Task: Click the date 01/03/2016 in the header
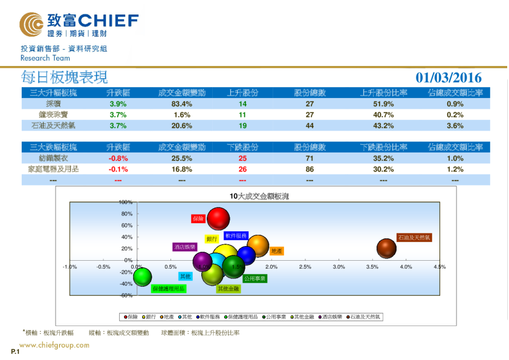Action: [x=449, y=77]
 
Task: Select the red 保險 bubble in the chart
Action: [x=219, y=219]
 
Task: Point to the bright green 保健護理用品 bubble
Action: [x=143, y=277]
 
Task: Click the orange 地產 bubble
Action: [x=258, y=246]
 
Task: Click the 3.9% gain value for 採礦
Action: [x=118, y=104]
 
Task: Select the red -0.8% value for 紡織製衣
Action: [x=118, y=159]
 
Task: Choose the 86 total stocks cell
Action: [x=310, y=169]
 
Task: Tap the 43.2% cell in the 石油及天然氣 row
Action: [x=383, y=126]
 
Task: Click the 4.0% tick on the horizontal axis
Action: [x=406, y=267]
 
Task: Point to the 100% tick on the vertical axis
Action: [x=126, y=202]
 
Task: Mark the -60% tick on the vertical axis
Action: [x=126, y=295]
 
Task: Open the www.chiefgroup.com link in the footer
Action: [x=54, y=345]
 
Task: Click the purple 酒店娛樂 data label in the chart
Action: [x=184, y=247]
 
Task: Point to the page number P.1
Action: [x=15, y=352]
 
